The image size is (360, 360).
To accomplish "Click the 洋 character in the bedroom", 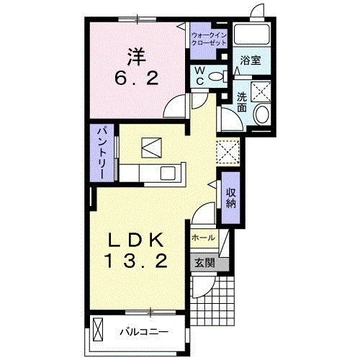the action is (x=136, y=57).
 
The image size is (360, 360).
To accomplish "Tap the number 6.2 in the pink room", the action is (x=137, y=78).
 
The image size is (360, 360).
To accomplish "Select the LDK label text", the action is (x=136, y=240).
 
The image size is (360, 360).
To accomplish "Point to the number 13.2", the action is (x=136, y=261).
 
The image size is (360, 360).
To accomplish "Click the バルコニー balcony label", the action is (x=144, y=332).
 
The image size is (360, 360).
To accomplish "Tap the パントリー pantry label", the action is (x=102, y=153).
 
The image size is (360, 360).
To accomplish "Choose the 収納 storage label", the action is (x=230, y=198).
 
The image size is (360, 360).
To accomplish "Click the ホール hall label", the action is (x=204, y=238).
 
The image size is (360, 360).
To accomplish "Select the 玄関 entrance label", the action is (x=204, y=264).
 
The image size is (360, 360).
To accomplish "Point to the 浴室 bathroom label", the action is (x=251, y=60).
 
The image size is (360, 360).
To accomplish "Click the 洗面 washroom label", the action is (x=242, y=102).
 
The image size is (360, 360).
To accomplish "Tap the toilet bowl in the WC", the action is (x=218, y=76).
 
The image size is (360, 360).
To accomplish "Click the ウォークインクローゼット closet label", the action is (x=209, y=40).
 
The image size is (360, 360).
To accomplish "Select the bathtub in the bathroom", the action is (x=251, y=34).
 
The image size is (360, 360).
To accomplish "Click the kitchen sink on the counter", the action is (x=168, y=173).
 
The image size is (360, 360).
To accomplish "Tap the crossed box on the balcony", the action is (x=98, y=329).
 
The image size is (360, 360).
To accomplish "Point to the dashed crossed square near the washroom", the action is (x=228, y=152).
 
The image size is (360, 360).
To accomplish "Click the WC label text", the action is (x=199, y=76).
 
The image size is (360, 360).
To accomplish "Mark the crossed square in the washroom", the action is (x=261, y=91).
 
